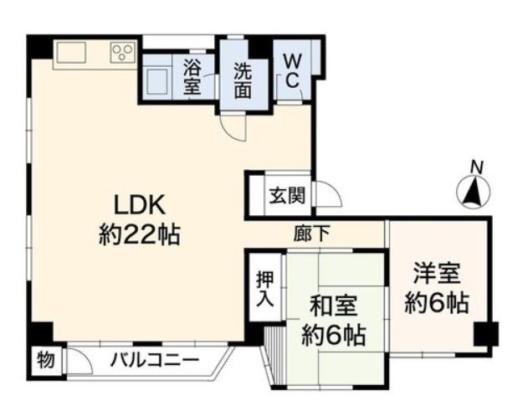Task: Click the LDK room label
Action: pyautogui.click(x=140, y=205)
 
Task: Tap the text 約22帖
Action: pyautogui.click(x=140, y=234)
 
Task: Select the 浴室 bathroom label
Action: pyautogui.click(x=192, y=77)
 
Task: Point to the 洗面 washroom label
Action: pyautogui.click(x=243, y=80)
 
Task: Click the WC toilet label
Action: pyautogui.click(x=292, y=71)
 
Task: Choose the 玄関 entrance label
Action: pyautogui.click(x=287, y=195)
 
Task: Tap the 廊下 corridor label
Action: pyautogui.click(x=311, y=234)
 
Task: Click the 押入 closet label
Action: pyautogui.click(x=265, y=289)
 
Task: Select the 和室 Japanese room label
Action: pyautogui.click(x=333, y=306)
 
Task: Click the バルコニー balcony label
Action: pyautogui.click(x=156, y=361)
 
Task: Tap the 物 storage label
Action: pyautogui.click(x=46, y=359)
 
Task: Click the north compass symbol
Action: pyautogui.click(x=473, y=191)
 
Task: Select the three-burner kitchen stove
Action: pyautogui.click(x=122, y=52)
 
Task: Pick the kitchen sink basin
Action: pyautogui.click(x=71, y=52)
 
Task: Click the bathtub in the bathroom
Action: pyautogui.click(x=157, y=81)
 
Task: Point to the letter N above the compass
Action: pyautogui.click(x=477, y=167)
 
